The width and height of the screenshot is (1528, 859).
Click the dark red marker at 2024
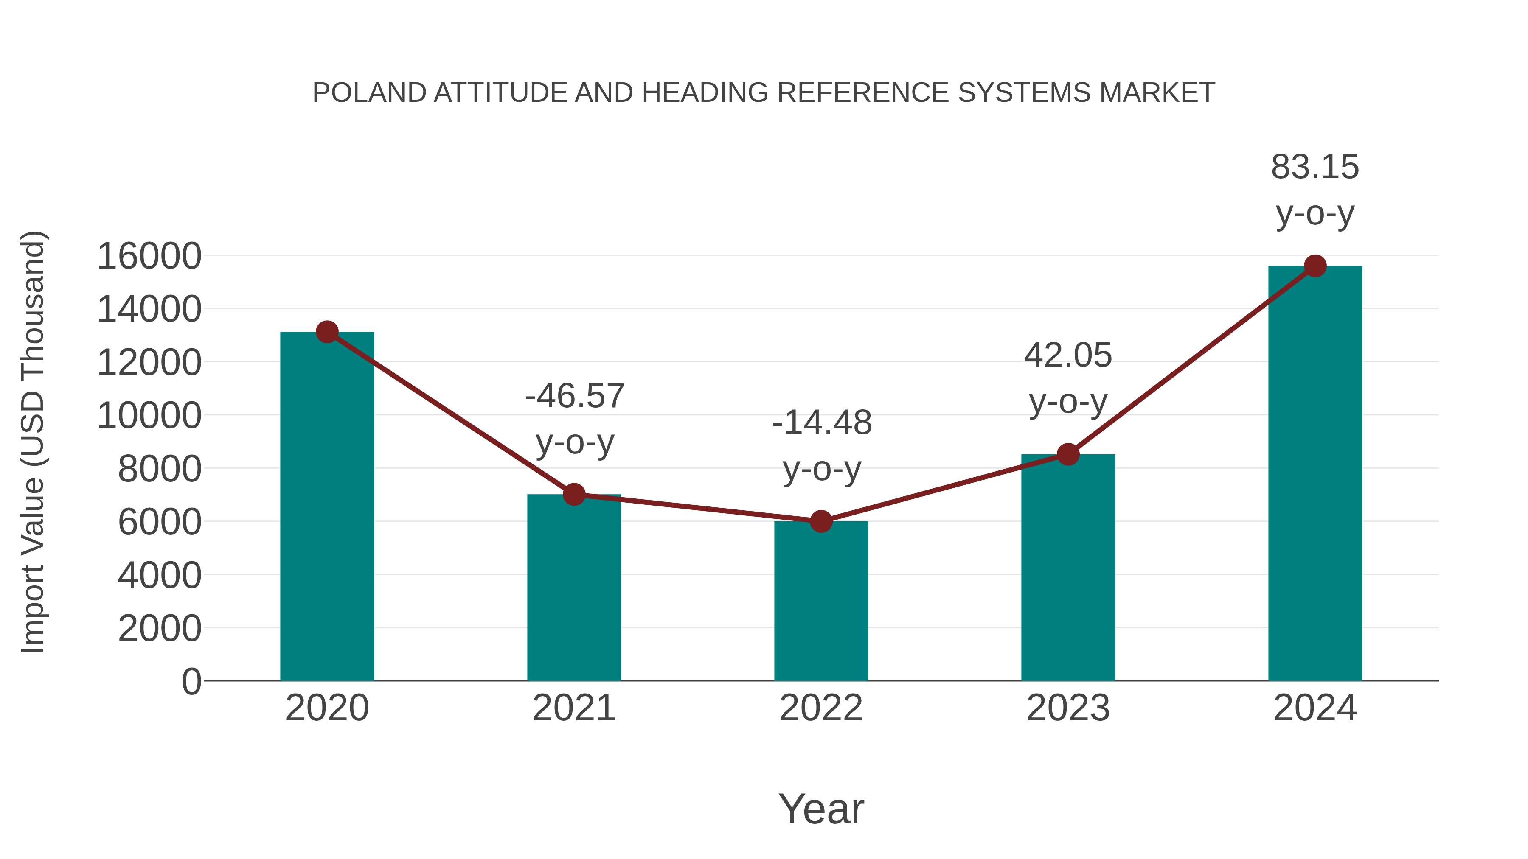(x=1315, y=266)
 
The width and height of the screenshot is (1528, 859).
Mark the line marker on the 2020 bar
(x=327, y=332)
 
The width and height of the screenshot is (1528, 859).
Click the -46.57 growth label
(x=575, y=396)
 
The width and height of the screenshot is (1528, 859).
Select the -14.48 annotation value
(x=822, y=423)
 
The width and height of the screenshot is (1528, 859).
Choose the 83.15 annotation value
(x=1315, y=167)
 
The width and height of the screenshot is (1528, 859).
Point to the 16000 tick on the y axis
(x=149, y=256)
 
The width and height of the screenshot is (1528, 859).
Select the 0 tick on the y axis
(x=191, y=681)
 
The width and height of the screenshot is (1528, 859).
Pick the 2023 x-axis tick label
(x=1068, y=708)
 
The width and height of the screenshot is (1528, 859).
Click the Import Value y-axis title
(x=33, y=442)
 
